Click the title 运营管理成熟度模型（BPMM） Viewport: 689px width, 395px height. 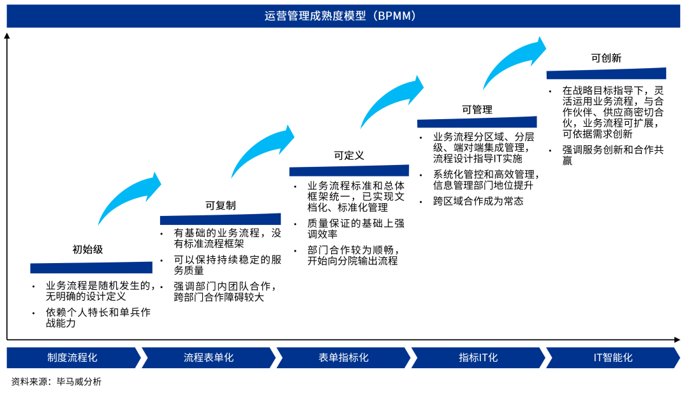click(x=344, y=17)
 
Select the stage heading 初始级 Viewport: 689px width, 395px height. click(x=87, y=250)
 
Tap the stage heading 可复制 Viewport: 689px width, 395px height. click(x=220, y=205)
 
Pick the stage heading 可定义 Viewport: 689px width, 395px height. click(x=349, y=155)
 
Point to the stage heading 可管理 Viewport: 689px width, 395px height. click(x=477, y=110)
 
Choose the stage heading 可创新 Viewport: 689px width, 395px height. click(x=606, y=58)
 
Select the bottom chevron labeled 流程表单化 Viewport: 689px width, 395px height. click(x=209, y=357)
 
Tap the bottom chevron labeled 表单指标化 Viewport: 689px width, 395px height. click(x=343, y=357)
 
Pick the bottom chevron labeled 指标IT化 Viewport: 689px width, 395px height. click(x=478, y=357)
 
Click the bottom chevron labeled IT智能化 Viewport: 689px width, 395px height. click(x=612, y=357)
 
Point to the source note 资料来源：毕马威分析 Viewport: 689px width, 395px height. click(x=56, y=382)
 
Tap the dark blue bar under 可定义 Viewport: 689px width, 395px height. click(x=349, y=171)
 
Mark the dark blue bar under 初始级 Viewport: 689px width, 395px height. click(x=91, y=268)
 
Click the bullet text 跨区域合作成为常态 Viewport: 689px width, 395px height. click(x=478, y=201)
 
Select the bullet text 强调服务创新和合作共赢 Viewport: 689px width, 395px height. click(x=612, y=155)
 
